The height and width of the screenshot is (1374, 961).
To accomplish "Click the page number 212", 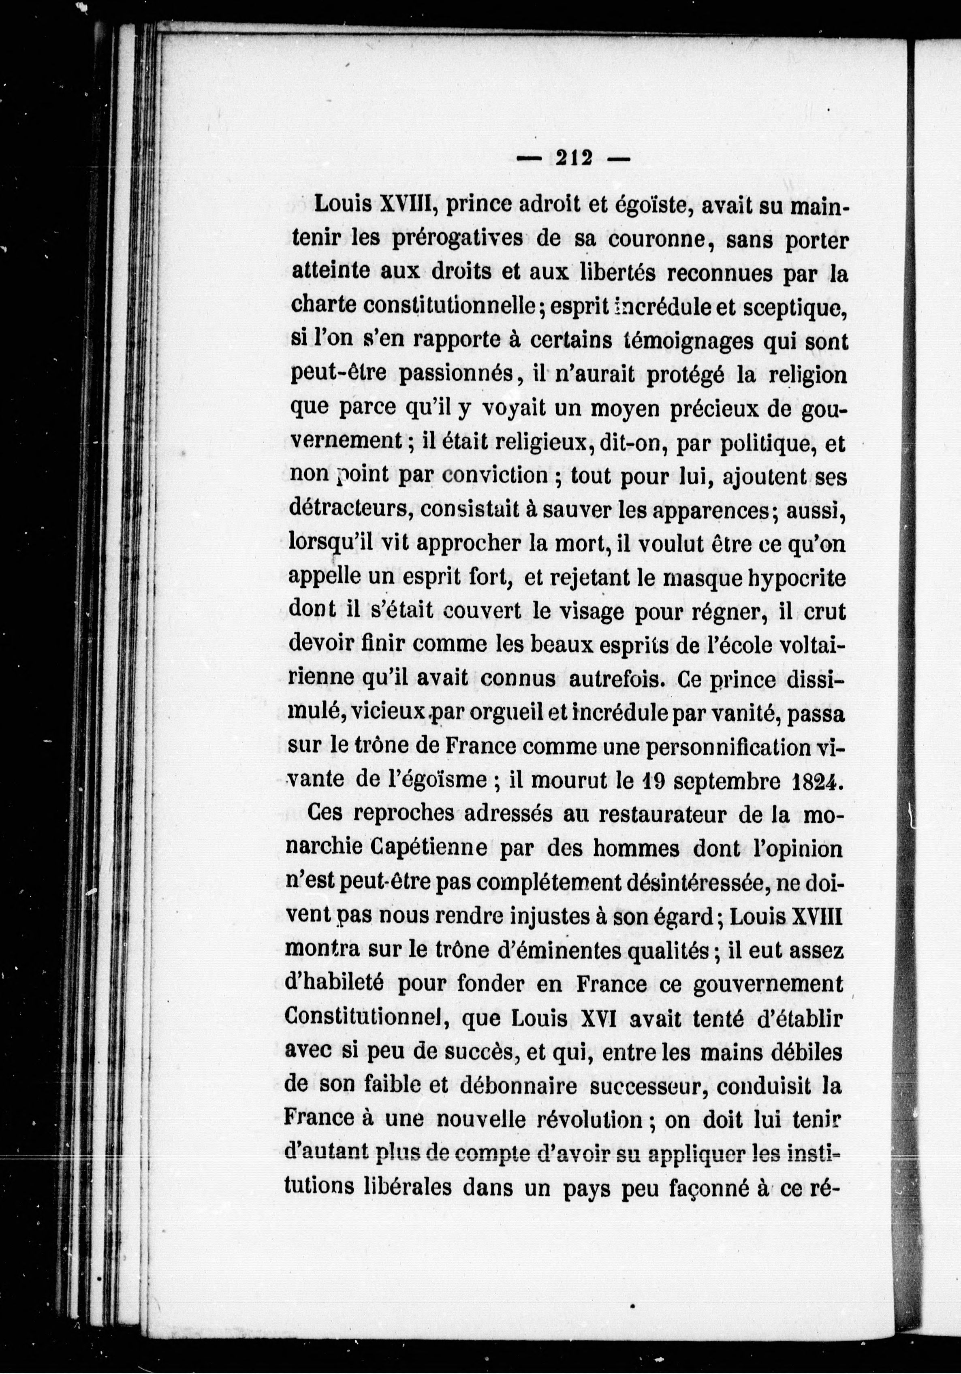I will click(574, 158).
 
